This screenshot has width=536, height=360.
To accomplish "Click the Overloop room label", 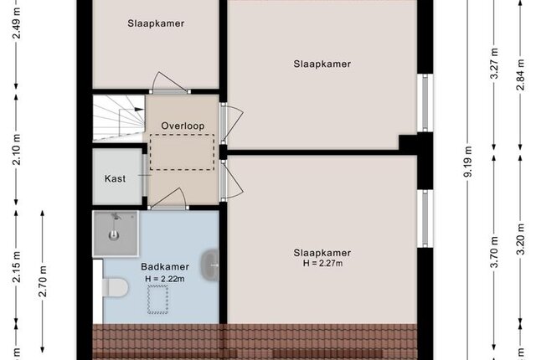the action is pos(183,126).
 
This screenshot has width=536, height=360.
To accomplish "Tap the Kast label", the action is pos(115,178).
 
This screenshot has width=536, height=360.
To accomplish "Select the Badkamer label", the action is pos(165,267).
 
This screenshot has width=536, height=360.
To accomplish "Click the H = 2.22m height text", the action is pos(165,279).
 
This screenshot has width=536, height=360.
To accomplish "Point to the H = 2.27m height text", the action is pos(322,264).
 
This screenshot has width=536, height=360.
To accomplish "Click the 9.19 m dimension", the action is pos(468,162).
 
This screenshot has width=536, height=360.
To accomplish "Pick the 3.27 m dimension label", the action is pos(494,64).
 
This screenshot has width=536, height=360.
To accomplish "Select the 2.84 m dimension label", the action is pos(520,75).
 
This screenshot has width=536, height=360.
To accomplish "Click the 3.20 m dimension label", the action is pos(520,239).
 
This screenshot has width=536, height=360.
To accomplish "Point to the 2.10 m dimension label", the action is pos(17,150).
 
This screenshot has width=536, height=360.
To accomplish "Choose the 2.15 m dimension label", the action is pos(17,267).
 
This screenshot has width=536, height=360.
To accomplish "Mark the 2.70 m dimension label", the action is pos(43,280).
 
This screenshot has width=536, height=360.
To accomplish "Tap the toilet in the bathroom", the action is pos(116,287).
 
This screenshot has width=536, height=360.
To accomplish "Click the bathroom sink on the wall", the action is pos(210,265).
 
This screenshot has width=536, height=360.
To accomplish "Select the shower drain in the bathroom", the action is pos(114,235).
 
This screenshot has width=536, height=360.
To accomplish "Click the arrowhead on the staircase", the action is pos(139,109).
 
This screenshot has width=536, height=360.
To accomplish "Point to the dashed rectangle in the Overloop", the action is pos(183,152).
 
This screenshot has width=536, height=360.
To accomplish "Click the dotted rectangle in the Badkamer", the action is pos(158,300).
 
